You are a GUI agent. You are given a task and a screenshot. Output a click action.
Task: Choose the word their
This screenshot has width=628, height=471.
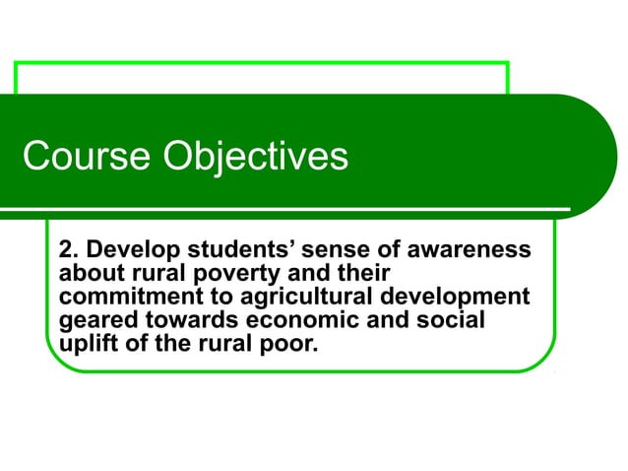[x=365, y=273]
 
